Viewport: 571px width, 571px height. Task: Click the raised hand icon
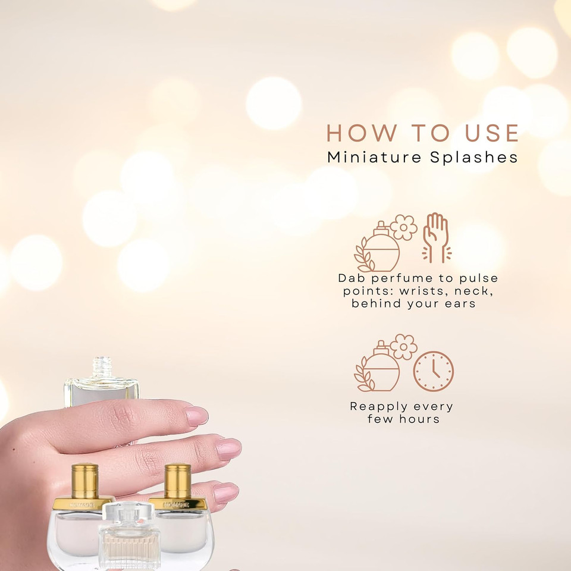[x=436, y=237]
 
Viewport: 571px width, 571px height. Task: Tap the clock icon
[x=434, y=371]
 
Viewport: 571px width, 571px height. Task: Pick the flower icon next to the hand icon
[x=404, y=227]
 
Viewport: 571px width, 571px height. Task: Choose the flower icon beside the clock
[x=404, y=346]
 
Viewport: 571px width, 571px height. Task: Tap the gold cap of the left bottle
[x=84, y=481]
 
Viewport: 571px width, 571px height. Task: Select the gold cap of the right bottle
[x=178, y=481]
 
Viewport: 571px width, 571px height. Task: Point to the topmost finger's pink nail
[x=196, y=416]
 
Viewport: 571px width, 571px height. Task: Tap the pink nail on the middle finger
[x=228, y=448]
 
